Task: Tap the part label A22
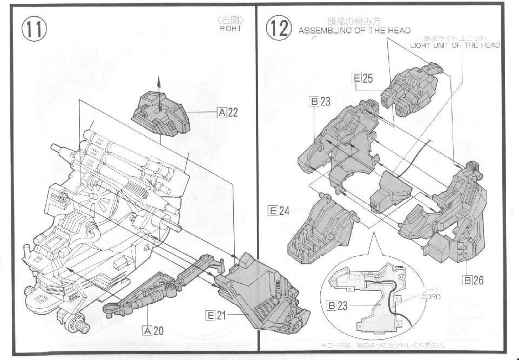coord(227,112)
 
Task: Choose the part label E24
coord(279,211)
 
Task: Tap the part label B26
coord(474,279)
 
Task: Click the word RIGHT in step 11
coord(230,29)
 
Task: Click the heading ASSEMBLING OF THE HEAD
coord(354,31)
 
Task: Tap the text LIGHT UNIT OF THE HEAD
coord(455,45)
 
